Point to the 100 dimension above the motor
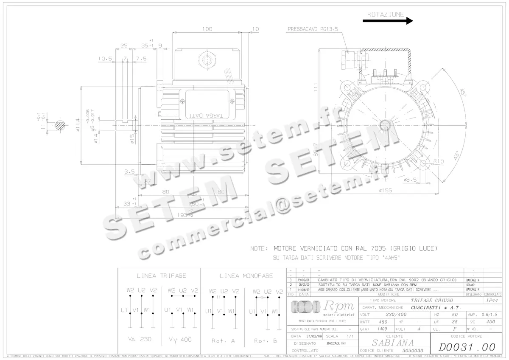click(207, 29)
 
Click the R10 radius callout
click(438, 161)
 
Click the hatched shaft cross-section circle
click(59, 125)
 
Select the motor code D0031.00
click(466, 347)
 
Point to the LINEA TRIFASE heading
click(161, 276)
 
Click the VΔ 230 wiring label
click(140, 339)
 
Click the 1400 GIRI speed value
click(382, 329)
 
